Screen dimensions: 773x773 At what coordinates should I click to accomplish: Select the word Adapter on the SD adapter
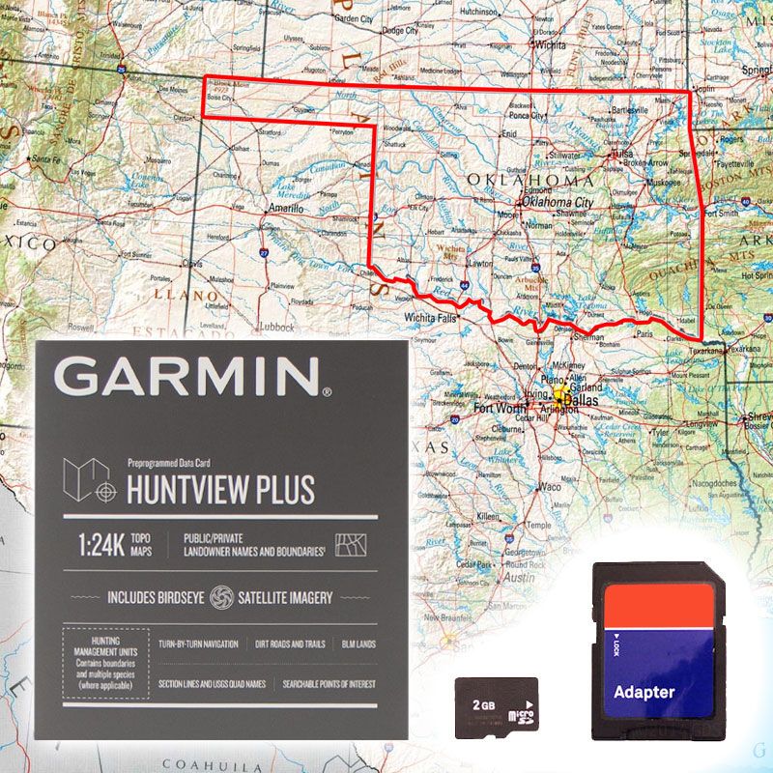click(644, 692)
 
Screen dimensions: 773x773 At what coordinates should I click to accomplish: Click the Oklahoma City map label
click(558, 203)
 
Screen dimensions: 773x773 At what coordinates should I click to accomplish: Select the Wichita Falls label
click(430, 317)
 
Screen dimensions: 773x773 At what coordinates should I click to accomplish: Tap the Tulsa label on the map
click(621, 154)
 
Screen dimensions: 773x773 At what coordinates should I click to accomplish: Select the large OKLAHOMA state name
click(530, 181)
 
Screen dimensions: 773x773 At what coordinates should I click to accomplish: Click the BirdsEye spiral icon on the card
click(221, 596)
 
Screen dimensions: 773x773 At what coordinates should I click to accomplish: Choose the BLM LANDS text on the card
click(358, 644)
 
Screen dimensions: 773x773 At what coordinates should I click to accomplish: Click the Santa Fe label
click(46, 157)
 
